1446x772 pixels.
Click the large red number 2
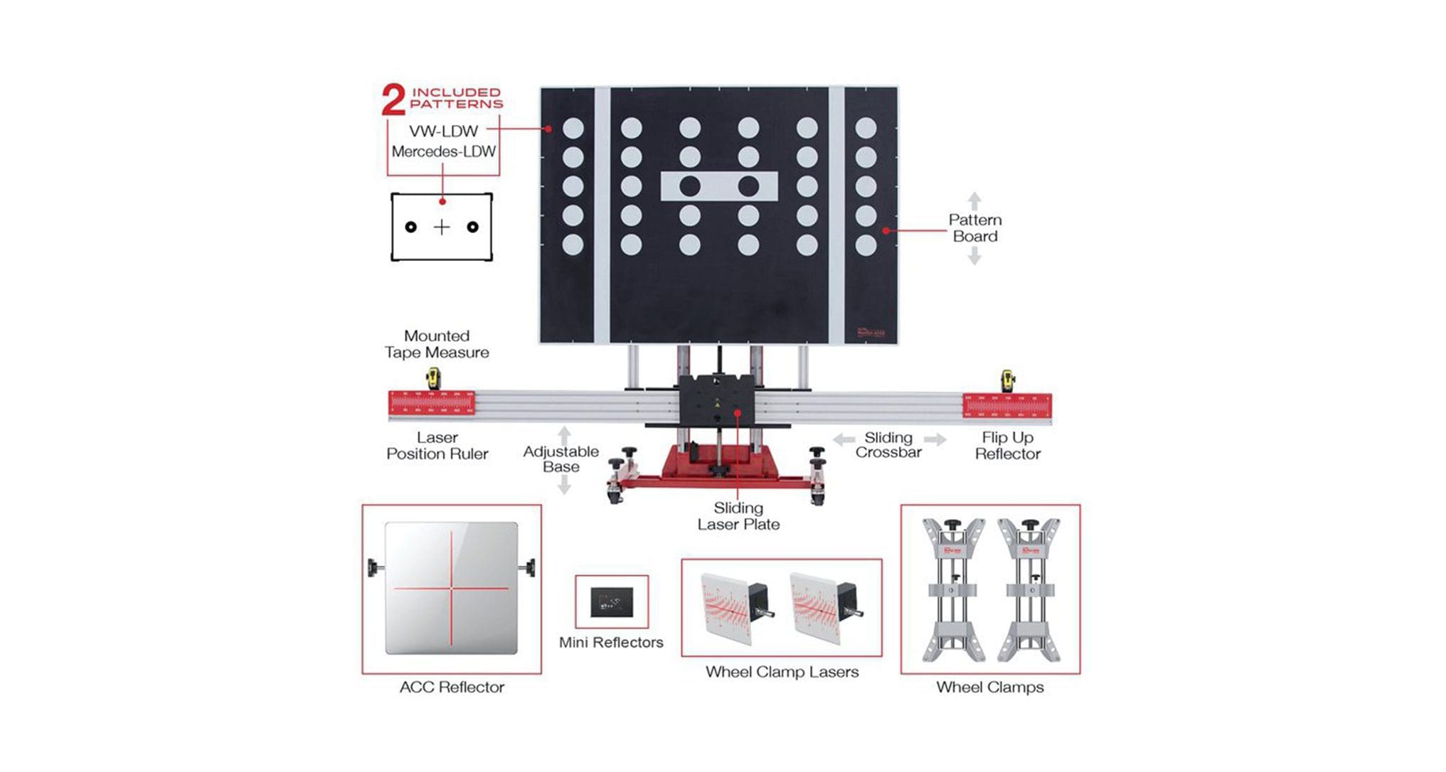tap(393, 100)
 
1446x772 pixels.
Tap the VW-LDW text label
tap(443, 132)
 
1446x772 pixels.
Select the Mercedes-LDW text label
tap(443, 151)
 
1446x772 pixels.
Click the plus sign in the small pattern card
tap(442, 227)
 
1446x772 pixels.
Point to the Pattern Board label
tap(974, 228)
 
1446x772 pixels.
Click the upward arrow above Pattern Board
tap(974, 200)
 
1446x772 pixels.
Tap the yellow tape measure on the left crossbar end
tap(432, 378)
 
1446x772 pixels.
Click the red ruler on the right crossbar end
tap(1006, 406)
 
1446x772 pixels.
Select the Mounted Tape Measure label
tap(437, 344)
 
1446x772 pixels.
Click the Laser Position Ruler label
tap(437, 446)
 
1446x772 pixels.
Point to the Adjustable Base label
tap(560, 459)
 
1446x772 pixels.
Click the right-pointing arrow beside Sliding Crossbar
tap(936, 440)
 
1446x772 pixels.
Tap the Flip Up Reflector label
tap(1007, 446)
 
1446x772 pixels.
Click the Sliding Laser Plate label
tap(738, 516)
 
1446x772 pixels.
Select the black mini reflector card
tap(612, 602)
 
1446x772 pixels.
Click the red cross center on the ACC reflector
tap(451, 589)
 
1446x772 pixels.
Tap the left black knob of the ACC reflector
tap(373, 567)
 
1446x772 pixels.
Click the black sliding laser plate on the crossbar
tap(717, 400)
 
